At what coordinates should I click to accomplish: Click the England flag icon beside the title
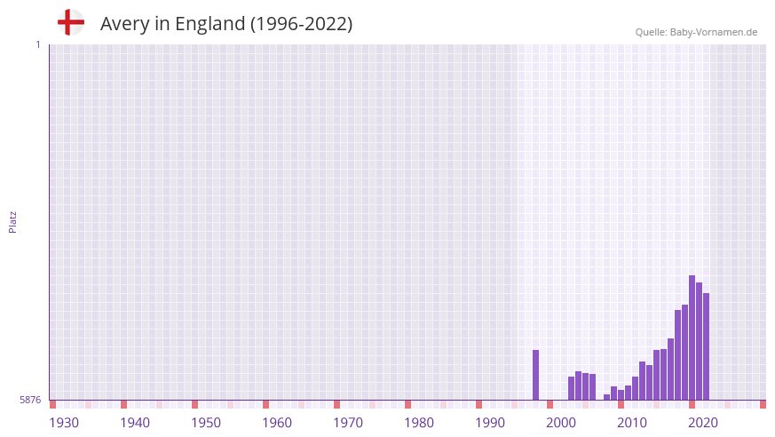70,22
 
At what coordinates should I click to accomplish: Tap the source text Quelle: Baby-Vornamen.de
696,32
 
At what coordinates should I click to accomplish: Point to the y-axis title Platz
12,221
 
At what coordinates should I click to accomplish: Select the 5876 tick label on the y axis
30,401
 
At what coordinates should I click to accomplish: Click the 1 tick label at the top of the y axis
37,44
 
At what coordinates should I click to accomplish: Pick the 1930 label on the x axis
64,423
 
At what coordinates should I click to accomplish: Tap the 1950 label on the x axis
206,423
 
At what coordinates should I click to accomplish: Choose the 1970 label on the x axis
348,423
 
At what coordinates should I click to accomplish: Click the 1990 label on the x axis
490,423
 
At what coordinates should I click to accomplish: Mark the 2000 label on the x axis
561,423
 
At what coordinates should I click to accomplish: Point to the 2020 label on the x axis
703,423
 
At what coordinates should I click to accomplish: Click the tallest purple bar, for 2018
692,338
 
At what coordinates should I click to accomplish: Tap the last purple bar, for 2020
707,346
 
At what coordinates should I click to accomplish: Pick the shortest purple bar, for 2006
607,397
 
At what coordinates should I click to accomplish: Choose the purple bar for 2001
572,388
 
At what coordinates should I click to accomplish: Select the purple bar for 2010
636,388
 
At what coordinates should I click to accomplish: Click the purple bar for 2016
678,354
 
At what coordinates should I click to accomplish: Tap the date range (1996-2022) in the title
301,24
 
